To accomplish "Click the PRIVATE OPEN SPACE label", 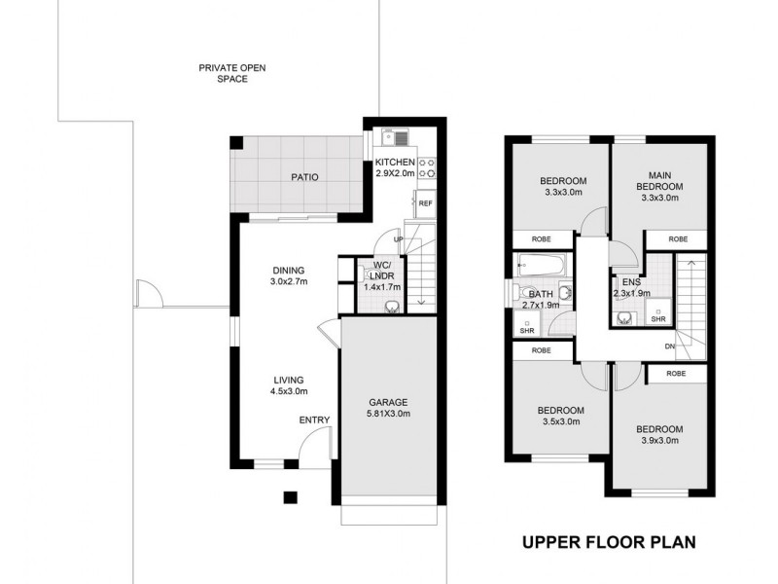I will pos(231,73).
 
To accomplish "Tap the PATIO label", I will pos(305,177).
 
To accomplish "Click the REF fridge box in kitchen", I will pos(425,204).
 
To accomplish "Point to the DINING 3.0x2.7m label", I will pos(289,276).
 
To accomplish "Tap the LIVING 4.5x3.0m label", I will pos(289,385).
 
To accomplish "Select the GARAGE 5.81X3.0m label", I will pos(387,408).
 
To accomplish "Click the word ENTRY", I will pos(314,420).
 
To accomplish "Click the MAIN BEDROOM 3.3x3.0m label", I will pos(659,186).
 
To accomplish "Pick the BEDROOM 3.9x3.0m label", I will pos(659,434).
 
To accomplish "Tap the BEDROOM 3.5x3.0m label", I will pos(561,416).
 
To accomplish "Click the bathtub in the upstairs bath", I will pos(541,263).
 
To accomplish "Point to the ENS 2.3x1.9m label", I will pos(632,288).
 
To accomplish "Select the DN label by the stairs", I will pos(669,347).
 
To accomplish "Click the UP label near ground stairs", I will pos(398,238).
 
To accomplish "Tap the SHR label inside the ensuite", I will pos(657,318).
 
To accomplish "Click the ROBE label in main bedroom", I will pos(678,238).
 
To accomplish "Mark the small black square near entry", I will pos(289,498).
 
